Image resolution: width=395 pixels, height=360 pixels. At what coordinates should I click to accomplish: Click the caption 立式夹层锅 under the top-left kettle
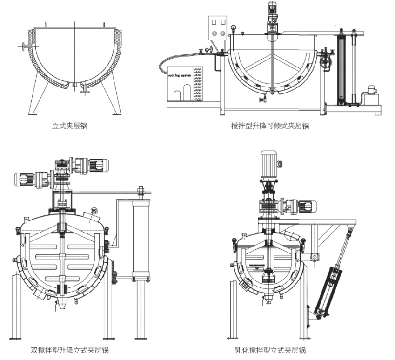70,126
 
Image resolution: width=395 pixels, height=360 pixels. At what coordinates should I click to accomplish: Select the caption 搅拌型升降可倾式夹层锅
270,126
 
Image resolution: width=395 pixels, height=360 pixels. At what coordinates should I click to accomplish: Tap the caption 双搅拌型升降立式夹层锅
70,350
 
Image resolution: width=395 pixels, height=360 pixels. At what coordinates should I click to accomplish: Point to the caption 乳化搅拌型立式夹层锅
270,350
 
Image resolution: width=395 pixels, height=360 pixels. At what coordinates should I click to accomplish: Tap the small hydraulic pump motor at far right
371,91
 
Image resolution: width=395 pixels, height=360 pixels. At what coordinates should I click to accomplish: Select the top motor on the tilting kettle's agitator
272,13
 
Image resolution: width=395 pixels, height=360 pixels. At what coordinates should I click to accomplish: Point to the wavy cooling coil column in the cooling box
198,84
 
